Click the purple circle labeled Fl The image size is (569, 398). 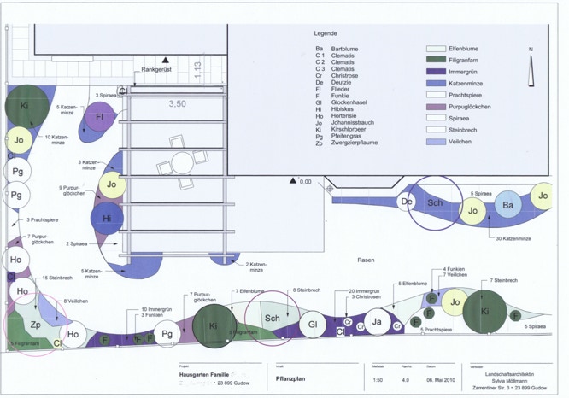pos(100,117)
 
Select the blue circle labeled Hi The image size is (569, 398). pos(108,218)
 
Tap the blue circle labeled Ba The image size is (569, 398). pos(507,206)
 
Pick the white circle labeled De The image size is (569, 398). pos(408,202)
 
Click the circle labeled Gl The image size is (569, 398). pos(314,325)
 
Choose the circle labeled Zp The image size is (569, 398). pos(36,325)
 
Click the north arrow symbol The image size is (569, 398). pos(531,73)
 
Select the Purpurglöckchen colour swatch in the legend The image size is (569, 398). pos(436,107)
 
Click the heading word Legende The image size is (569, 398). pos(326,33)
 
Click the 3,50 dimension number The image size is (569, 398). pos(177,103)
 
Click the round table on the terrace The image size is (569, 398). pos(181,162)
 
